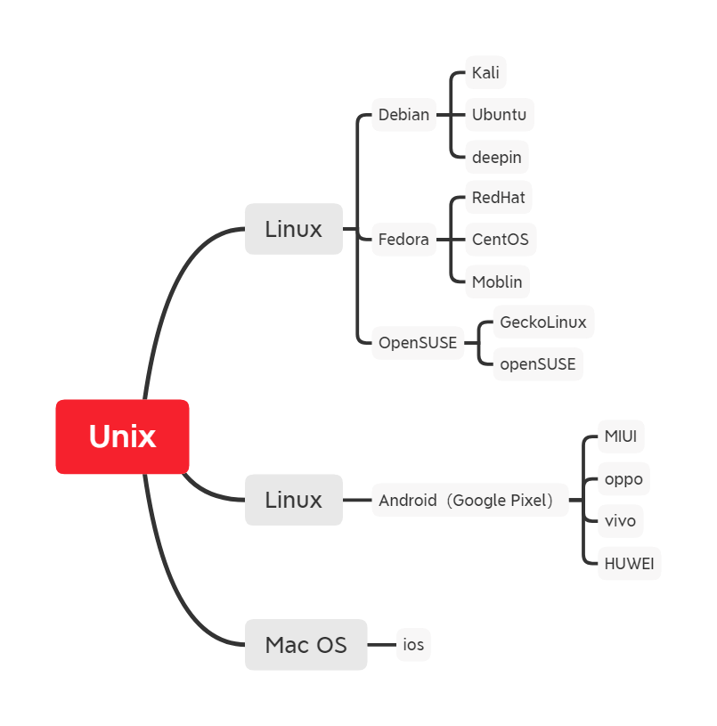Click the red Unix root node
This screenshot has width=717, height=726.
click(x=122, y=436)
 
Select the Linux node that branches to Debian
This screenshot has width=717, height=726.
click(x=293, y=229)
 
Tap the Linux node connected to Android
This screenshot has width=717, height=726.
click(x=293, y=500)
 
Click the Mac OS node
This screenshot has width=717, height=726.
click(x=306, y=644)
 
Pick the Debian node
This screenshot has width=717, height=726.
click(x=403, y=115)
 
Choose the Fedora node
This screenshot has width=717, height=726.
click(x=403, y=240)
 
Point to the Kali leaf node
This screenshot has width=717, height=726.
click(x=485, y=72)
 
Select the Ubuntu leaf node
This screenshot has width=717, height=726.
click(x=499, y=115)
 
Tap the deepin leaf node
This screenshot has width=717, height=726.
click(x=496, y=158)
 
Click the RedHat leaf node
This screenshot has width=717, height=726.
click(x=499, y=197)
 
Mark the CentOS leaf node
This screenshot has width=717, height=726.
click(x=500, y=240)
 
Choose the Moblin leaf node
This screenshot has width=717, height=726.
click(x=497, y=281)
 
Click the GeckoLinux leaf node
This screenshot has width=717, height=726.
click(x=543, y=322)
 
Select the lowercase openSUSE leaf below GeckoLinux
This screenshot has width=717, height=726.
click(x=538, y=363)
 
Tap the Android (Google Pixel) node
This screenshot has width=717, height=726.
click(x=470, y=500)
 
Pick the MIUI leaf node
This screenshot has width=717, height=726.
click(x=620, y=436)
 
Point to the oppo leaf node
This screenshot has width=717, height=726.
click(x=623, y=479)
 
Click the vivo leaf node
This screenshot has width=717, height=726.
click(x=620, y=521)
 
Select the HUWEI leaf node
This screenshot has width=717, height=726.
click(x=629, y=563)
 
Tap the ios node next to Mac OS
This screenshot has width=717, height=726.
click(x=413, y=644)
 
